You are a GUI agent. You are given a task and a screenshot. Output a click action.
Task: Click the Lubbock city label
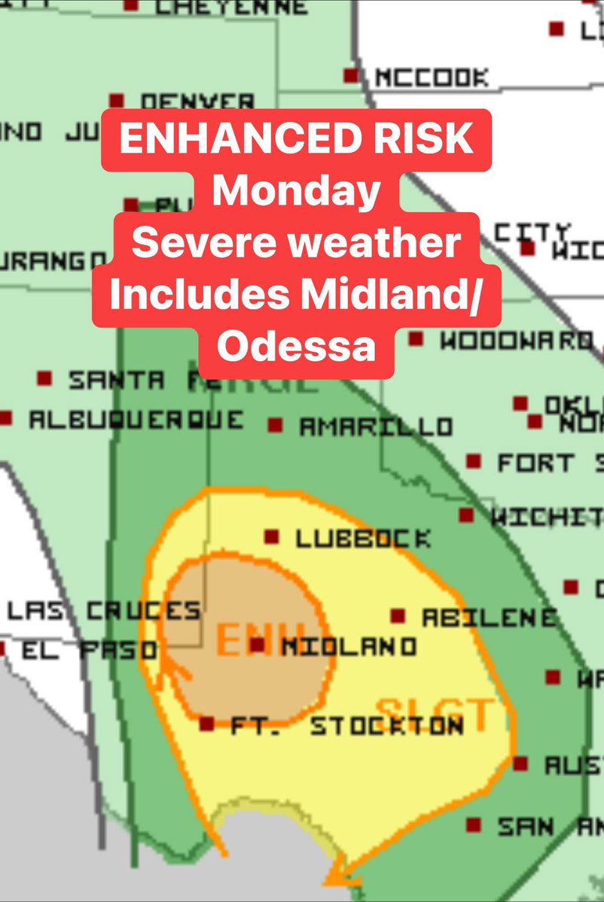[x=363, y=539]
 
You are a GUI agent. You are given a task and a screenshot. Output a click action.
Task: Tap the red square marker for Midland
[x=258, y=645]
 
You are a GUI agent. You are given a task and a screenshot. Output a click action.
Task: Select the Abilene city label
[x=489, y=618]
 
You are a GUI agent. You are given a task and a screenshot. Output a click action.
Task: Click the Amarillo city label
[x=376, y=427]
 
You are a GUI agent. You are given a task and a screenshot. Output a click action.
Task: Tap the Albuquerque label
[x=136, y=420]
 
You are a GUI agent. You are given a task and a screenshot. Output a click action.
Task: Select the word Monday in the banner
[x=295, y=191]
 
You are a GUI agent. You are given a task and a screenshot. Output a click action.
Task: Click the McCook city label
[x=431, y=77]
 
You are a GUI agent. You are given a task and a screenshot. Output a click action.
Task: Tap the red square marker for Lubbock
[x=271, y=537]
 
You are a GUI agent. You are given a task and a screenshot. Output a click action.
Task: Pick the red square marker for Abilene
[x=398, y=616]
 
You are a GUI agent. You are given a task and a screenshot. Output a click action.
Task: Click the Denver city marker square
[x=116, y=100]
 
